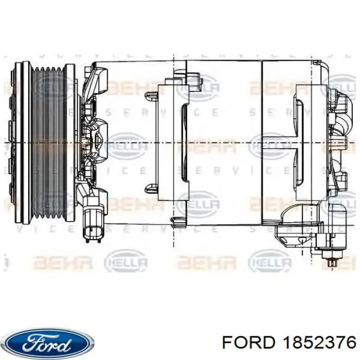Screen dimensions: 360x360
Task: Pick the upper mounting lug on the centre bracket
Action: (151, 96)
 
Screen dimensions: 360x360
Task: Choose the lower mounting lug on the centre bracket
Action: (151, 189)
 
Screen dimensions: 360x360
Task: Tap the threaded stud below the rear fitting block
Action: (333, 262)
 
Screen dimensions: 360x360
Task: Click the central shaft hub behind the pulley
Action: (85, 142)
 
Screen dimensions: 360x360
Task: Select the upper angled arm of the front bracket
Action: (98, 77)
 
